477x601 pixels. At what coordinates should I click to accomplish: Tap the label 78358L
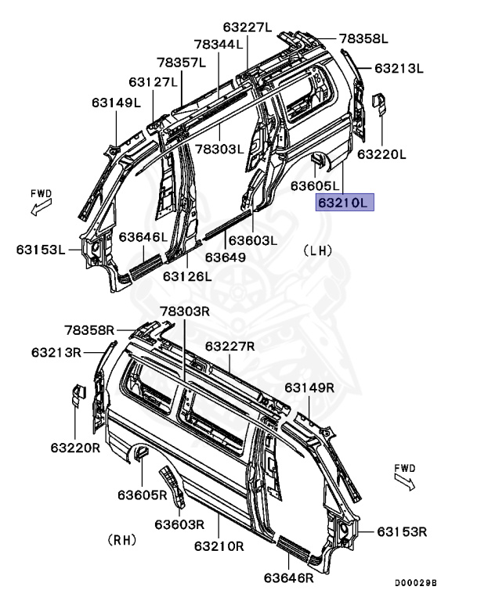point(363,38)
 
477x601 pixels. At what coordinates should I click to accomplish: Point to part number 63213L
point(398,69)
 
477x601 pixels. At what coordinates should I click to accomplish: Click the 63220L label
point(382,154)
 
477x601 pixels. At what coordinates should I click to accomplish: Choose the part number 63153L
point(40,250)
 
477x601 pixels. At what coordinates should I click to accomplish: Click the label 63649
point(226,257)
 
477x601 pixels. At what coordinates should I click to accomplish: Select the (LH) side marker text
point(317,250)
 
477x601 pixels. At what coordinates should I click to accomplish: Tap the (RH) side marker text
point(123,540)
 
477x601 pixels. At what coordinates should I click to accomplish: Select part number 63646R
point(289,578)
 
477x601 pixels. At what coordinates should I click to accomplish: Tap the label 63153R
point(401,532)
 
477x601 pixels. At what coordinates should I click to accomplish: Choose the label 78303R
point(186,311)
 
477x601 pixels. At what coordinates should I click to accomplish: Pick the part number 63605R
point(143,495)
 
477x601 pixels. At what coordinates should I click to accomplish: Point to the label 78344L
point(219,45)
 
